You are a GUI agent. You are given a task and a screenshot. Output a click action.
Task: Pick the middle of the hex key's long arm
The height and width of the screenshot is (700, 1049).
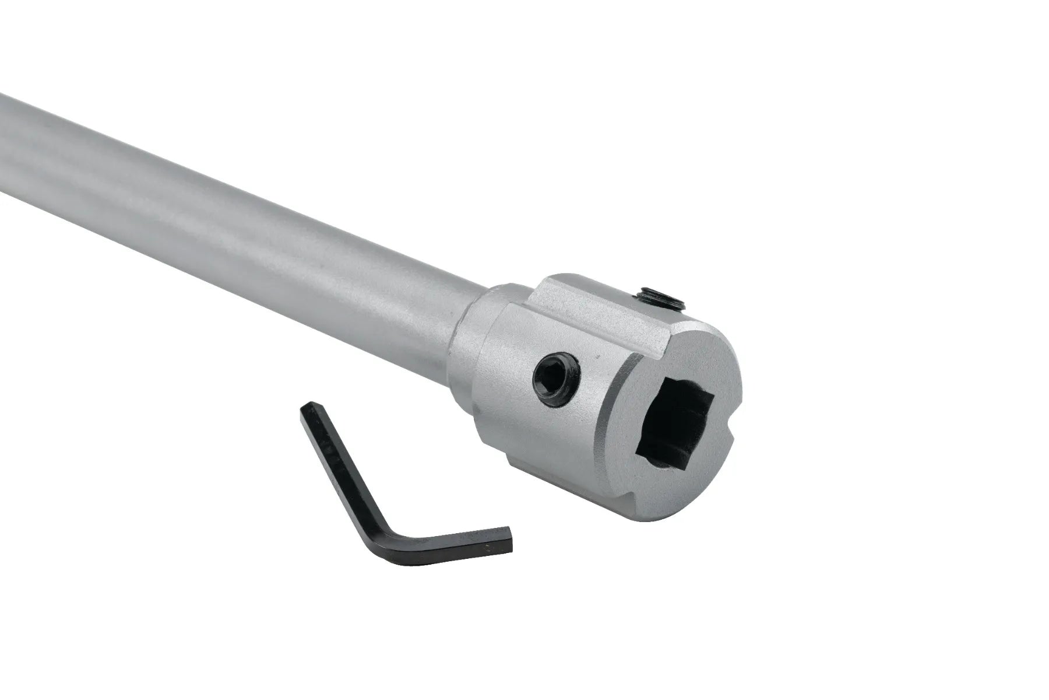tap(338, 461)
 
